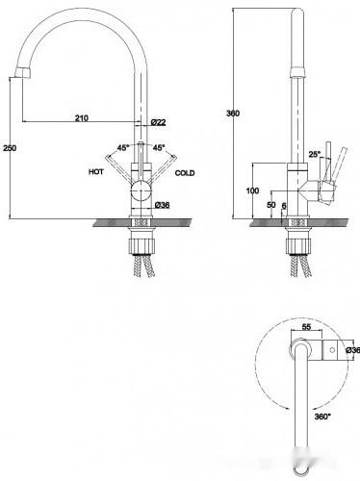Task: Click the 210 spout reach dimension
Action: point(82,118)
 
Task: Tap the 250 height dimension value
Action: point(10,148)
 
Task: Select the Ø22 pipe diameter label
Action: point(158,122)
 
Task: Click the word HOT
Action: point(96,172)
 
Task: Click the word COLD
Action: point(185,173)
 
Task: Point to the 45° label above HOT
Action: point(123,148)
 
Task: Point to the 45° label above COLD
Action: point(159,148)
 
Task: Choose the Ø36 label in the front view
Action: point(162,205)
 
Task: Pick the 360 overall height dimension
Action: point(233,114)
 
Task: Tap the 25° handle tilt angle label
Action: point(315,154)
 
